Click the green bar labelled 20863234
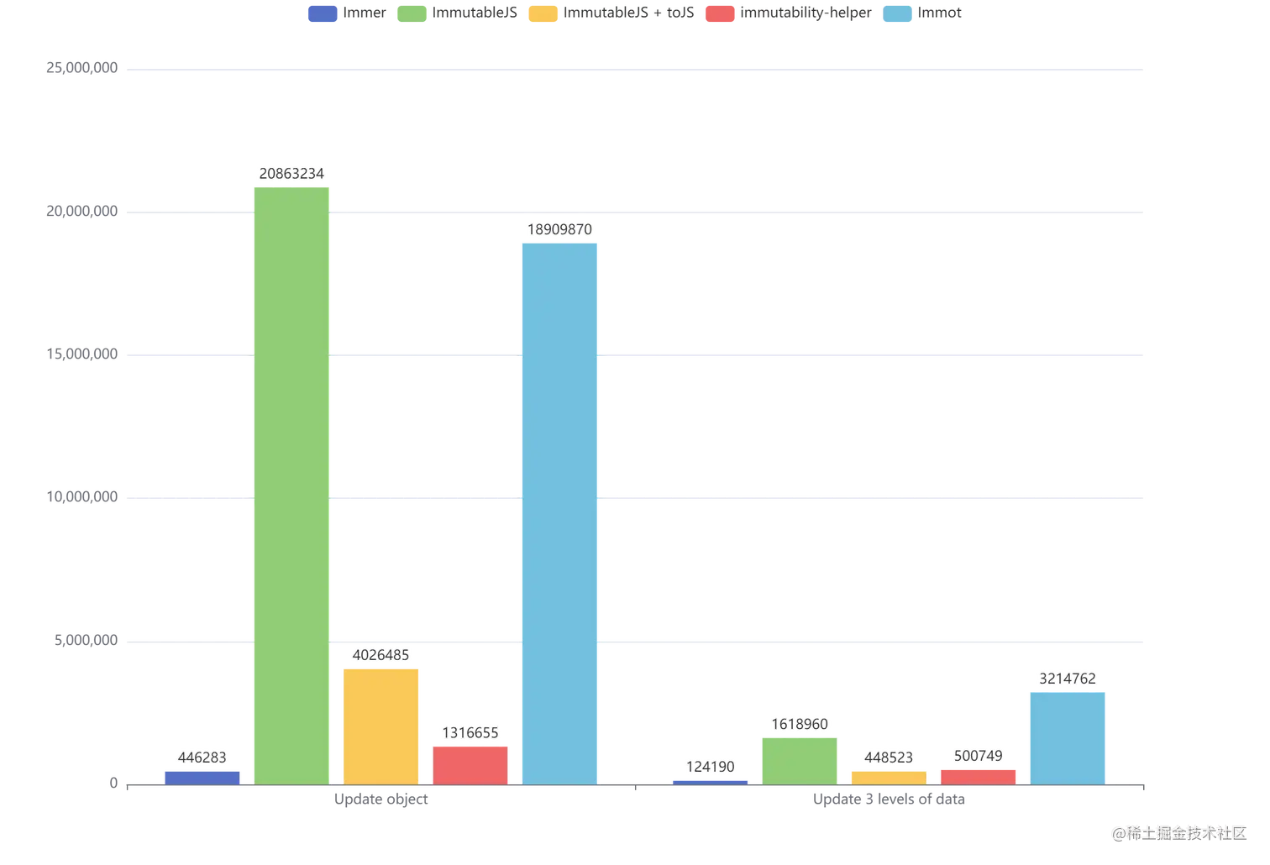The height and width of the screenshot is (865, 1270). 291,483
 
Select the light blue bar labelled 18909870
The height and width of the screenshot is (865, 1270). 559,512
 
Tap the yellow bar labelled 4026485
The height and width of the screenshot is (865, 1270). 381,725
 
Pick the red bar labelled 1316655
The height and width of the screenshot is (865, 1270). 470,763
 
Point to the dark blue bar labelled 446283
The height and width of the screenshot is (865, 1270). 202,776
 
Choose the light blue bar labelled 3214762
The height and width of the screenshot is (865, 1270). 1068,736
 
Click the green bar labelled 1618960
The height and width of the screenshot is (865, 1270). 799,759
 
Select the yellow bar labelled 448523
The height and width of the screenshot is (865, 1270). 889,777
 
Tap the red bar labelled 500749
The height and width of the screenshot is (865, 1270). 979,776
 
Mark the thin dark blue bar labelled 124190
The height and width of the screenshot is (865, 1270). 711,781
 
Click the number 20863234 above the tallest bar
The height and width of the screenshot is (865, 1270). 291,174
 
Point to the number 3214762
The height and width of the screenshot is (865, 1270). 1068,679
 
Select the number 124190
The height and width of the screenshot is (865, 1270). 711,766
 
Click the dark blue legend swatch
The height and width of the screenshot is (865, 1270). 323,14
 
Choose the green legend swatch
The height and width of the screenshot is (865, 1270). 411,14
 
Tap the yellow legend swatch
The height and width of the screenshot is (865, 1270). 542,14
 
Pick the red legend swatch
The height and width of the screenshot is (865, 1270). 719,14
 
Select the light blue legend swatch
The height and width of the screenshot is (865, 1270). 897,14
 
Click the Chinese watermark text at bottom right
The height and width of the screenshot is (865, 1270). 1179,832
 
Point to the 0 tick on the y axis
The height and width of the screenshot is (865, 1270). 114,784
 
